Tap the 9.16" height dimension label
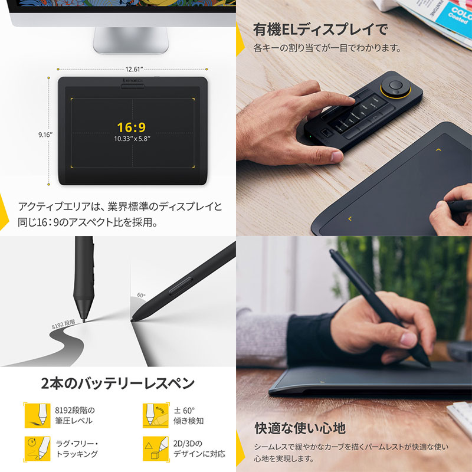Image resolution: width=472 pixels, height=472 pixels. point(45,135)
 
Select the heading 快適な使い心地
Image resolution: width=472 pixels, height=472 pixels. point(300,428)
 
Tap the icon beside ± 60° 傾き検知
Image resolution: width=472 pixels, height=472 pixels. point(151,415)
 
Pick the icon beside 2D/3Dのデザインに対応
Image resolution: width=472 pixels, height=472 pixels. point(151,448)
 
